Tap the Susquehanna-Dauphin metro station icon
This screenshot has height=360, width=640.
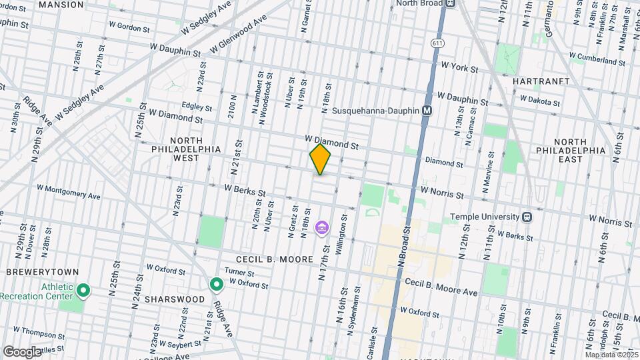(427, 111)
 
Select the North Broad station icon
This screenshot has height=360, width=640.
(451, 3)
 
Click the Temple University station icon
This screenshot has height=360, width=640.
(527, 217)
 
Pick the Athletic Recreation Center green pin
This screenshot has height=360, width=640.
(83, 291)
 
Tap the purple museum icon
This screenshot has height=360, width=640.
(322, 229)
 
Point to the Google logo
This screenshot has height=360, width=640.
(21, 351)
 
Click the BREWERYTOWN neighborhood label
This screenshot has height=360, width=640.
(43, 273)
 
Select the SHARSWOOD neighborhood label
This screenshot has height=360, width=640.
(176, 299)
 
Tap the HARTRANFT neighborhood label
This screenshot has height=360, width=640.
(541, 81)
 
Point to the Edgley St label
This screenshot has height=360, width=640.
(197, 107)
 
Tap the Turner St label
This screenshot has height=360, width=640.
(239, 273)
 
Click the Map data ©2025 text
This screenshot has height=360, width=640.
(611, 355)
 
